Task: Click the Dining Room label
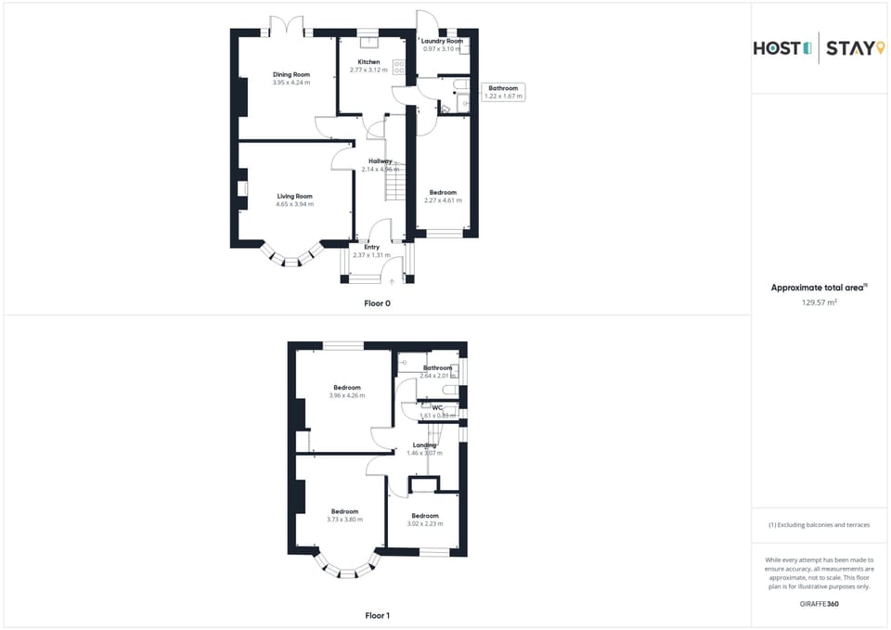click(291, 74)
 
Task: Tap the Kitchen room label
click(368, 62)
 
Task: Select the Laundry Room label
click(442, 41)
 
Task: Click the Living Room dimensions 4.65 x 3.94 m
click(294, 204)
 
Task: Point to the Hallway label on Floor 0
click(380, 161)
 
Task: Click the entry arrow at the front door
click(392, 280)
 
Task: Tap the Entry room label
click(371, 247)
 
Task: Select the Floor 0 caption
click(377, 302)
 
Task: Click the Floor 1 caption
click(377, 615)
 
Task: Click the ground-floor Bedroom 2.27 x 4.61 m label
click(443, 193)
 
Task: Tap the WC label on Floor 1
click(436, 407)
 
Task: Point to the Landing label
click(425, 445)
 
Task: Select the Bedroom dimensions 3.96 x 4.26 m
click(346, 395)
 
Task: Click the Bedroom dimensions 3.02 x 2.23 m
click(425, 523)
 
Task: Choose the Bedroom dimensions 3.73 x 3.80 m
click(344, 520)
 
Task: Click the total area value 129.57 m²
click(820, 302)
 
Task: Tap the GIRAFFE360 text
click(820, 604)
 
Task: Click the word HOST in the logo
click(776, 48)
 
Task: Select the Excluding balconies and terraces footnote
click(820, 524)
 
